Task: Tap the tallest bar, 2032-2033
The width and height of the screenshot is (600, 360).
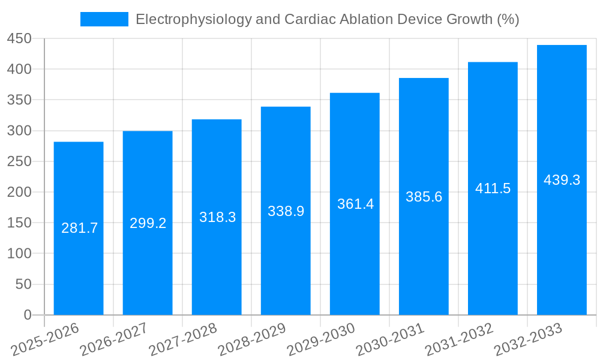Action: pos(562,240)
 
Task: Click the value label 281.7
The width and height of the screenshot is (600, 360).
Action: pos(79,228)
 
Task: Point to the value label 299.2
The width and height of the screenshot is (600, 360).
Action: pos(148,223)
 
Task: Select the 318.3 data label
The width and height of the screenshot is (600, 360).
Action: pos(217,217)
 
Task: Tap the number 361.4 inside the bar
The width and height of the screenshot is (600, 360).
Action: pos(355,204)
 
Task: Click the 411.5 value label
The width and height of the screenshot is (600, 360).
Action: pos(493,188)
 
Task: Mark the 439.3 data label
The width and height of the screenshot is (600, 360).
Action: pos(562,180)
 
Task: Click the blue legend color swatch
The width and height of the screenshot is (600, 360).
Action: pos(104,19)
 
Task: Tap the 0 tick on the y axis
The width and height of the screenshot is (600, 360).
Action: pos(27,315)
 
